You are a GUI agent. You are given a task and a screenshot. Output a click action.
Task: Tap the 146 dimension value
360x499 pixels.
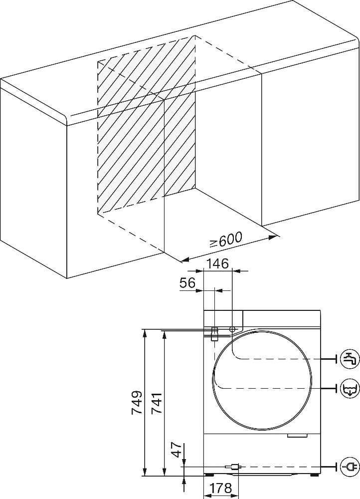pos(217,263)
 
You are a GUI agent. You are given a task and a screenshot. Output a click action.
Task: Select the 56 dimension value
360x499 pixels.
pos(187,283)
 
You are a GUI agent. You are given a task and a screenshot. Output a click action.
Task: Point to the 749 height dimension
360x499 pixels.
pos(137,402)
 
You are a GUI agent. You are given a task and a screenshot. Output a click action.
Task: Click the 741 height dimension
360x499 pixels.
pos(157,403)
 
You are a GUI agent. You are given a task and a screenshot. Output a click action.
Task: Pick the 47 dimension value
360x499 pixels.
pos(177,450)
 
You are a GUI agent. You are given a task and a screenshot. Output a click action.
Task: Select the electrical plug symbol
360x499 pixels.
pos(350,467)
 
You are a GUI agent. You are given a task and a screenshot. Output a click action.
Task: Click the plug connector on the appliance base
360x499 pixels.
pos(233,467)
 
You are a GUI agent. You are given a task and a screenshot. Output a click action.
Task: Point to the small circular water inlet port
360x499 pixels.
pos(232,329)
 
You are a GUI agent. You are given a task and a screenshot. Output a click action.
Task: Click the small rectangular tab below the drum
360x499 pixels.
pos(297,436)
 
